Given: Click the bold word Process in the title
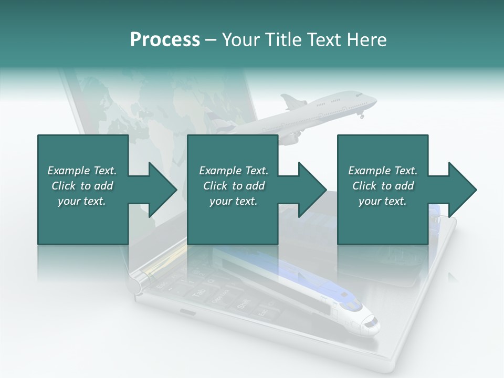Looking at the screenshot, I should [165, 40].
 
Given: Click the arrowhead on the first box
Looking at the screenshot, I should [162, 190].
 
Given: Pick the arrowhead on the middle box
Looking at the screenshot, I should [311, 190].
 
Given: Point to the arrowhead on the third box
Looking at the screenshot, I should [461, 190].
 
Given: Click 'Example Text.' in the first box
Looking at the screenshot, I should [82, 171].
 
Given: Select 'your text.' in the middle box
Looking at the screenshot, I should [233, 201].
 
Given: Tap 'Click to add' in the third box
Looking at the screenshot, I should [383, 186].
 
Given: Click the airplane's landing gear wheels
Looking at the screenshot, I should [362, 115].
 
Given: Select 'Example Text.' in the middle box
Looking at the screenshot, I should [233, 171].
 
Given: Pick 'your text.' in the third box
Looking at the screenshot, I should [383, 201].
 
